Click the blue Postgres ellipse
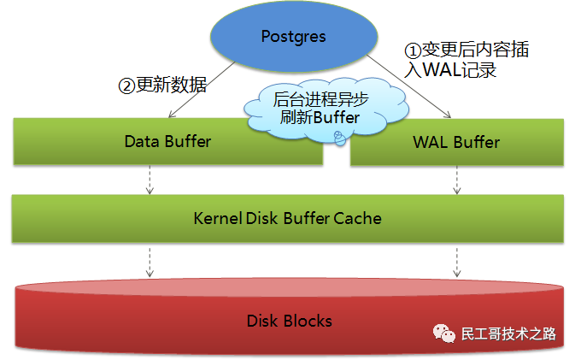click(x=294, y=38)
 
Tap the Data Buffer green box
click(x=167, y=142)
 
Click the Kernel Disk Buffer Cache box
click(x=287, y=218)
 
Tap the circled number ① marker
click(x=411, y=50)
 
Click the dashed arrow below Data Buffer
click(x=150, y=179)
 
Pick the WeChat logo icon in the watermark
click(x=443, y=333)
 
